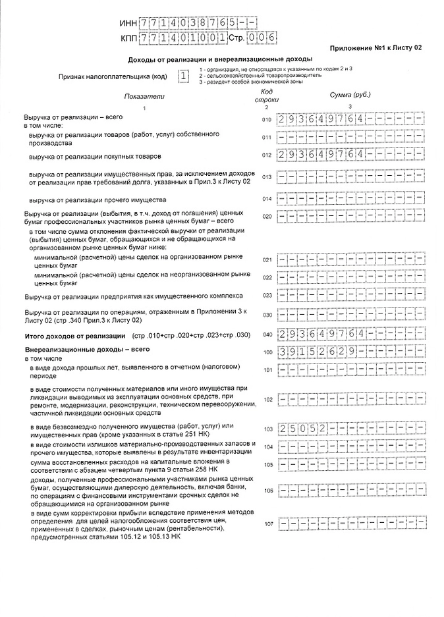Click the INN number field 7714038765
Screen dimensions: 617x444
(188, 23)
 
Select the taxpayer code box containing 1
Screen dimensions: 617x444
(182, 76)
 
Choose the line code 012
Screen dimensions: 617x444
(267, 156)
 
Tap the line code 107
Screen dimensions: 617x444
(267, 524)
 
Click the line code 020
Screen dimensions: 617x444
(267, 217)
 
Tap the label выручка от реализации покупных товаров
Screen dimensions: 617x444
(95, 157)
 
